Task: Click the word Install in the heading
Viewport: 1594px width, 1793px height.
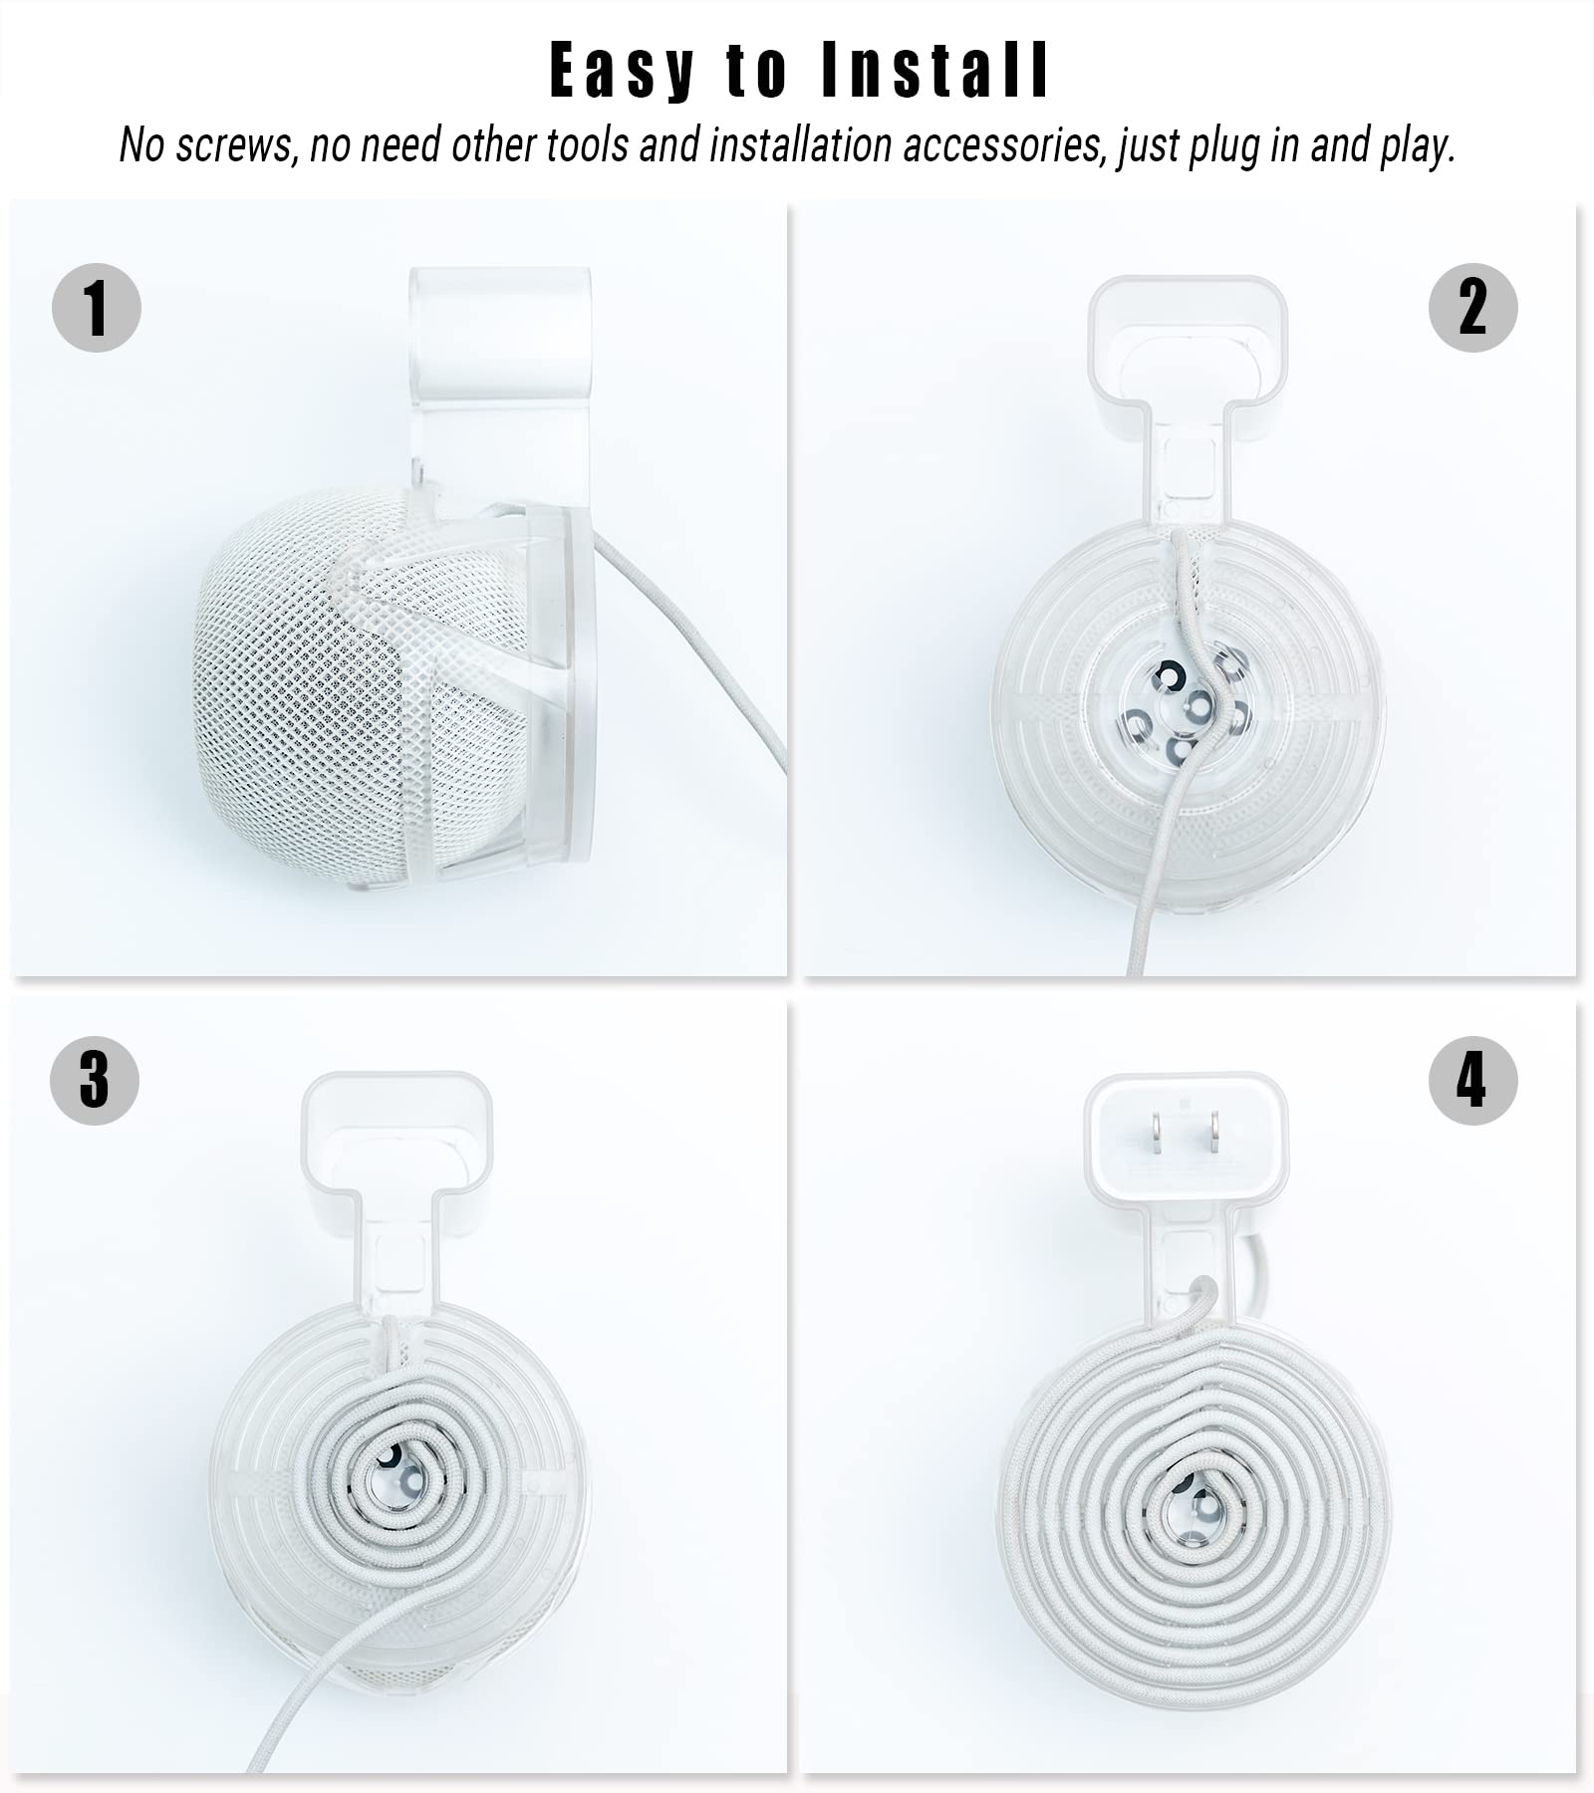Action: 935,72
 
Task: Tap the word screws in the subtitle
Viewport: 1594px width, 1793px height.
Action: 234,146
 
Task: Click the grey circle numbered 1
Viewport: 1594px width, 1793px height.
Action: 96,307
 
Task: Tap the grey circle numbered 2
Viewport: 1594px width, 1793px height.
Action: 1472,307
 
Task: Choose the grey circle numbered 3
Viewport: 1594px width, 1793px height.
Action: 95,1080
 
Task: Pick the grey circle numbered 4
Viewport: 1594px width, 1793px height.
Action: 1472,1081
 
